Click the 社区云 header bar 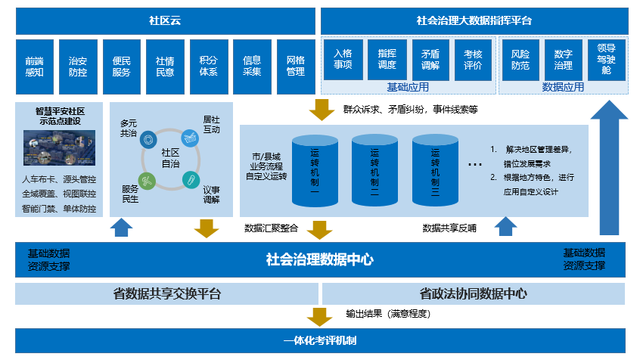(165, 20)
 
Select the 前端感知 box (34, 66)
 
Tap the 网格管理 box (295, 66)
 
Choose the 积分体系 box (208, 66)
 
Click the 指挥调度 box (387, 60)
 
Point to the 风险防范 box (520, 60)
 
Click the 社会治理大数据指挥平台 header (474, 20)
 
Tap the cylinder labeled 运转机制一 (314, 172)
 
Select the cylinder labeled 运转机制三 (435, 172)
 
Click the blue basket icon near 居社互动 (188, 138)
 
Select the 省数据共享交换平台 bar (167, 293)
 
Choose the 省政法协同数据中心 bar (474, 293)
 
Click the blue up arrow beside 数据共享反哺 (505, 227)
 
